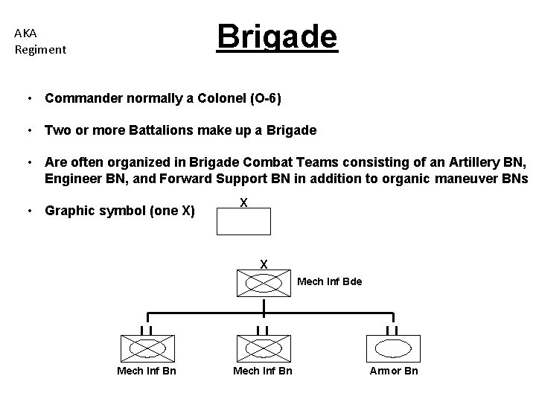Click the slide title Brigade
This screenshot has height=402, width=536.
[x=277, y=36]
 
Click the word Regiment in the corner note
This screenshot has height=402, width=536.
[x=40, y=50]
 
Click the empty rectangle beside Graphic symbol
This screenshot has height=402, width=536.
[x=243, y=222]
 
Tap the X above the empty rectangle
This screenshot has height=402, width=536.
[x=243, y=202]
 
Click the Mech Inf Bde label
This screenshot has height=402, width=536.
[x=329, y=281]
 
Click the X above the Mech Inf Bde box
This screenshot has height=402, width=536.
[x=263, y=263]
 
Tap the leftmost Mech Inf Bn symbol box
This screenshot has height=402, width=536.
[x=147, y=348]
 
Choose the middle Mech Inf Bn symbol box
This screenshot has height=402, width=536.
[x=262, y=348]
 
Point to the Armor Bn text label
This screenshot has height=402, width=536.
[x=394, y=371]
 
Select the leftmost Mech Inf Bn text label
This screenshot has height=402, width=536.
[x=147, y=371]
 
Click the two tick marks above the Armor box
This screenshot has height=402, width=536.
[x=393, y=329]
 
